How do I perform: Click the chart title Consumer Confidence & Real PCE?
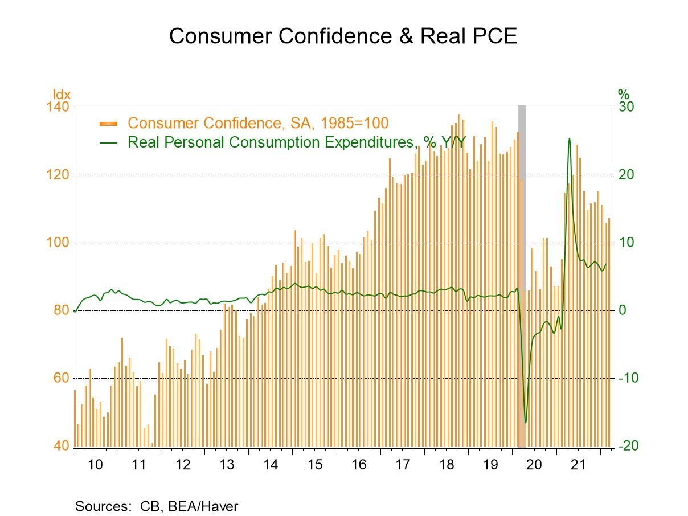coord(343,36)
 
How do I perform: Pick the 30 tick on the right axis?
coord(626,108)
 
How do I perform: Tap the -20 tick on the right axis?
coord(628,446)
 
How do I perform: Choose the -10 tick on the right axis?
coord(628,379)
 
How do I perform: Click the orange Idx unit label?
coord(62,95)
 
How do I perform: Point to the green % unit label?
coord(624,95)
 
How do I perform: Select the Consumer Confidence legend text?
coord(258,123)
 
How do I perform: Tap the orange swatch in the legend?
coord(108,124)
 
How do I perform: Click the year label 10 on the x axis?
coord(95,464)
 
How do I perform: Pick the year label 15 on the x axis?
coord(314,464)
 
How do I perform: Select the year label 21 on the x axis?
coord(578,464)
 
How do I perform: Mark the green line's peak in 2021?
coord(569,138)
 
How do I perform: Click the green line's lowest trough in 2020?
coord(525,422)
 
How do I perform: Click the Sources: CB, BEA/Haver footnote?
coord(157,506)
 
